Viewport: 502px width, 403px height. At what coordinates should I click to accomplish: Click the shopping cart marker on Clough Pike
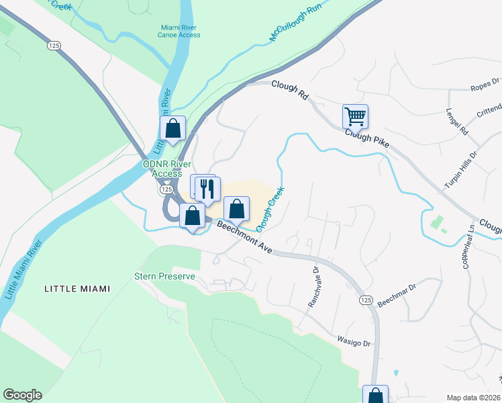click(x=355, y=116)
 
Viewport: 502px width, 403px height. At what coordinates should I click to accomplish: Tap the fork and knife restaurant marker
click(x=208, y=188)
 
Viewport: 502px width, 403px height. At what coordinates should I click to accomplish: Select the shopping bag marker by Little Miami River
click(x=172, y=128)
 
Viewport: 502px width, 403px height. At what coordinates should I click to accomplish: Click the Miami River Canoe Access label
click(x=179, y=31)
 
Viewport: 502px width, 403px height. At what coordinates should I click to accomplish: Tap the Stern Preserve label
click(x=164, y=276)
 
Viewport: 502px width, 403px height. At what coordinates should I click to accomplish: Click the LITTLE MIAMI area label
click(x=77, y=289)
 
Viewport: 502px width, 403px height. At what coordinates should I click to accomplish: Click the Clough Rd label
click(x=289, y=90)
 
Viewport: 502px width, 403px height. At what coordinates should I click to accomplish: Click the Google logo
click(x=22, y=395)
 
